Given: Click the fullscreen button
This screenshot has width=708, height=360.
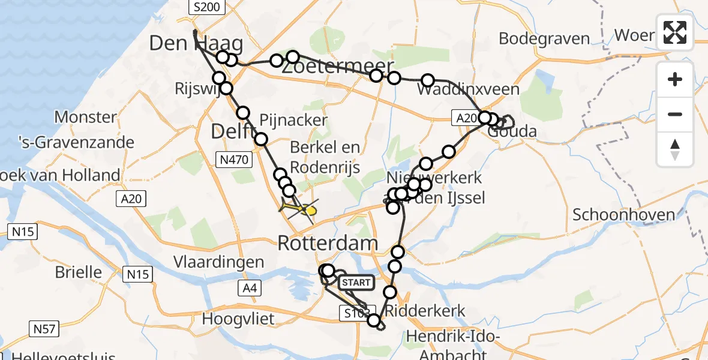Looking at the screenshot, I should [x=675, y=32].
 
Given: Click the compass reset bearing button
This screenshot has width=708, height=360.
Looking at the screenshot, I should [x=675, y=149].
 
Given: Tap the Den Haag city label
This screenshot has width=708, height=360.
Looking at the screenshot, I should [x=196, y=44].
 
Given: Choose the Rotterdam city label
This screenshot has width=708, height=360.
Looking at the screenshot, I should [x=328, y=244].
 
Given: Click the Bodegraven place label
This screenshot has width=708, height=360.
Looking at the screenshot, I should [x=538, y=38].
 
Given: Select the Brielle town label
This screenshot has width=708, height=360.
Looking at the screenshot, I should [x=78, y=272].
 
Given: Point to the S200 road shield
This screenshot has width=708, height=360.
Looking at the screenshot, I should [x=206, y=7].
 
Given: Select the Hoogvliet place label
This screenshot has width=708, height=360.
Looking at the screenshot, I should [x=238, y=319].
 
